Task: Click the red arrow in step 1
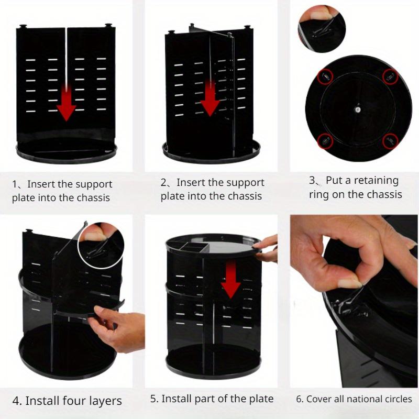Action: point(66,105)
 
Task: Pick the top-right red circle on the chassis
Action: point(390,76)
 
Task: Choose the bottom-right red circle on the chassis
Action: point(390,141)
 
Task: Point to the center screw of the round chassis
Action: point(358,108)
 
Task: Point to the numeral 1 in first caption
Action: point(15,184)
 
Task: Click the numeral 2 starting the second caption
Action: point(164,183)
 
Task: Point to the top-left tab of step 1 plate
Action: point(23,26)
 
